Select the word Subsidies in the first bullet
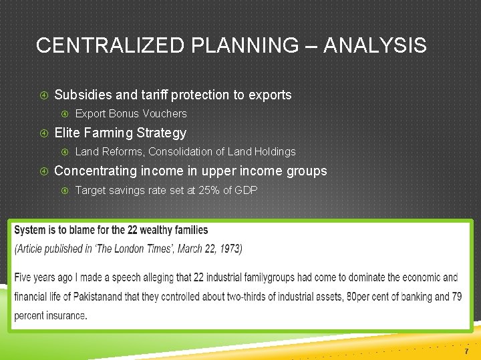[x=81, y=95]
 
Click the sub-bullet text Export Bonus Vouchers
[x=131, y=113]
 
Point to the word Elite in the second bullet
[x=67, y=133]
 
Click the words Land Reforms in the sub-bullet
[x=105, y=152]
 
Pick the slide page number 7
[x=466, y=351]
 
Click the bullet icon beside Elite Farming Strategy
[x=43, y=133]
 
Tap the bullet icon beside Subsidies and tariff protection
[x=43, y=95]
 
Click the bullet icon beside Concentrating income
[x=43, y=171]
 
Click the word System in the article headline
[x=30, y=230]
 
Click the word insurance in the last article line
[x=64, y=315]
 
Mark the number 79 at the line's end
[x=456, y=297]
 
